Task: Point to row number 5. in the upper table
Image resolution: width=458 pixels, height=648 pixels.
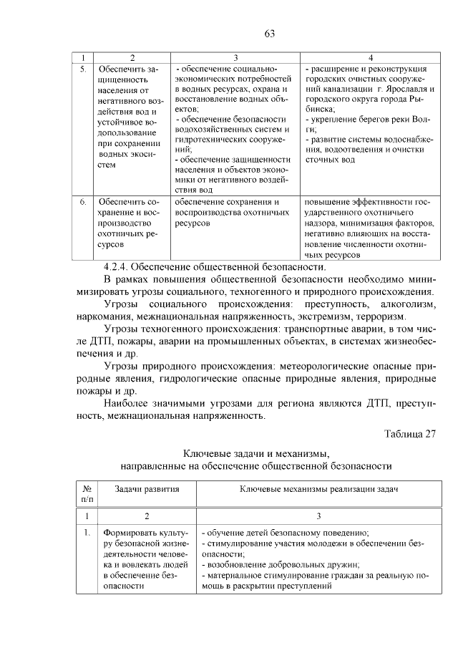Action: pos(83,69)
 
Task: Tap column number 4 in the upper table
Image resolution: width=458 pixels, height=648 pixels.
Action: pos(370,57)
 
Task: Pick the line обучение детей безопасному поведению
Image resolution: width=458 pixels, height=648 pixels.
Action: pos(286,533)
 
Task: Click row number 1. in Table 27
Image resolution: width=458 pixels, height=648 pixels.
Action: pos(87,533)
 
